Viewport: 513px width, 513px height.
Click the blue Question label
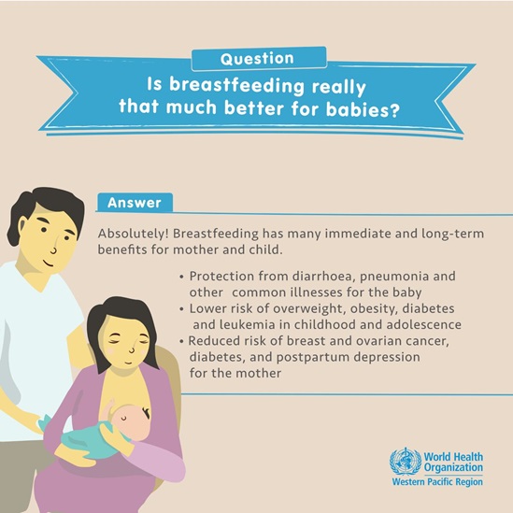(x=257, y=57)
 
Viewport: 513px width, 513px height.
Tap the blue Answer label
(x=134, y=202)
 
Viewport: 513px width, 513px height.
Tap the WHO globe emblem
(x=404, y=461)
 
